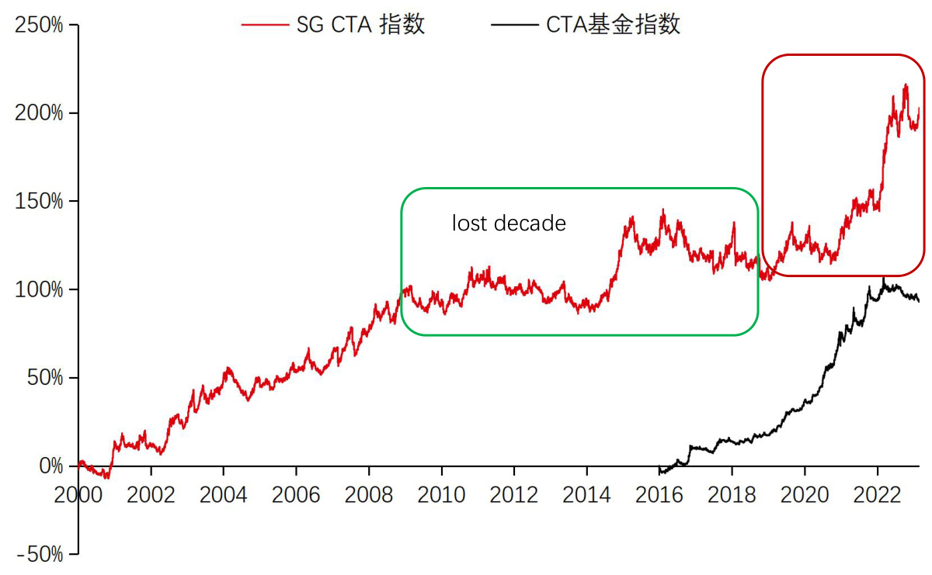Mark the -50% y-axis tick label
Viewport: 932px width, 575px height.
click(x=40, y=555)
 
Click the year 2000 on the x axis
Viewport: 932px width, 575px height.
click(x=78, y=494)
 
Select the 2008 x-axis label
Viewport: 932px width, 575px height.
click(x=369, y=494)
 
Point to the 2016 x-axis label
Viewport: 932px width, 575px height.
click(x=659, y=494)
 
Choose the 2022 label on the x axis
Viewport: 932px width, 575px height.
click(x=878, y=494)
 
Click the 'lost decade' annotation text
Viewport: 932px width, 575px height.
click(x=509, y=223)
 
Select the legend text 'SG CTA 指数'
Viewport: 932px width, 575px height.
click(x=361, y=25)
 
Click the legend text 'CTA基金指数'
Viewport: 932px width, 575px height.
click(x=614, y=25)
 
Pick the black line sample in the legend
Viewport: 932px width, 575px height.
click(x=515, y=25)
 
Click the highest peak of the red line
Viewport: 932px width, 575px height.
click(x=906, y=85)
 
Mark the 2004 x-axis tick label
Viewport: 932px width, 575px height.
click(x=224, y=494)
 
